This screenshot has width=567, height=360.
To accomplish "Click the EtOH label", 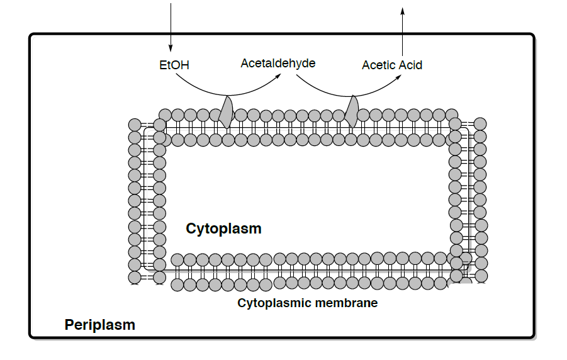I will tap(174, 65).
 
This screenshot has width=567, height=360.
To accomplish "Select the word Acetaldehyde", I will tap(278, 64).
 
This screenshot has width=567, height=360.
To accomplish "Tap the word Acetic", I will tap(379, 65).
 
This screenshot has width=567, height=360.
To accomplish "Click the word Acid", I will tap(410, 65).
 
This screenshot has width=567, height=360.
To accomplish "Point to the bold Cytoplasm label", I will tap(223, 228).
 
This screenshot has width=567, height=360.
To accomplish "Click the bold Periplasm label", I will tap(99, 325).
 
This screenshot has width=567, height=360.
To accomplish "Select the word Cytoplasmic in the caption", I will tap(267, 303).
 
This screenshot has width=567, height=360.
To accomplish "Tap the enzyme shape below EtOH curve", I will tap(227, 111).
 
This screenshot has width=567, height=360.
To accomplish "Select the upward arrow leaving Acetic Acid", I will tap(403, 31).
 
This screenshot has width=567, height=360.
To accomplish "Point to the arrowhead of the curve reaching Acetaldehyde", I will tap(278, 76).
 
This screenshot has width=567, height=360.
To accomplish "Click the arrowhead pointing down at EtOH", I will tap(170, 49).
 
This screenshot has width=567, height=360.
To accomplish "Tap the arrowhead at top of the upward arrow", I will tap(403, 9).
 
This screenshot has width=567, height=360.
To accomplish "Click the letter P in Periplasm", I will tap(69, 325).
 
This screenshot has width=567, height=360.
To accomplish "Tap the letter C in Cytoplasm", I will tap(191, 228).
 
